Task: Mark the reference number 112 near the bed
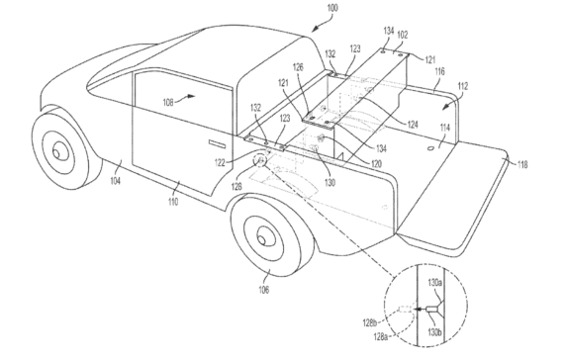pyautogui.click(x=462, y=86)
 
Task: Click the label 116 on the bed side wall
pyautogui.click(x=437, y=72)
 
